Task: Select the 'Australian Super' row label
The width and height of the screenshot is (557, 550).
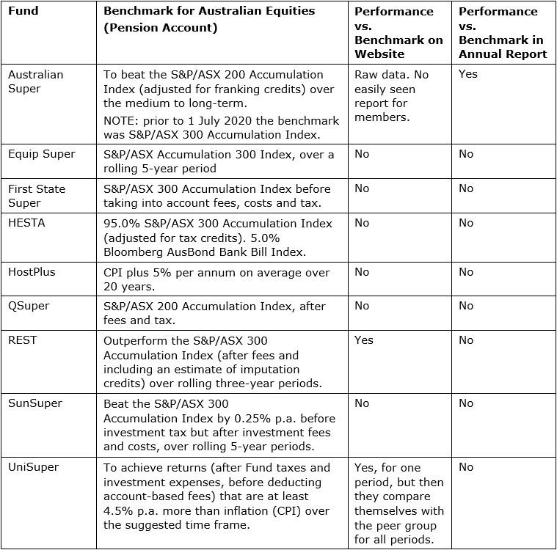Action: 36,81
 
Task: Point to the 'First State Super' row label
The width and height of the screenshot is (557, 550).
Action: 37,196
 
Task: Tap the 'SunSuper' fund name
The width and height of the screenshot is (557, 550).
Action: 35,403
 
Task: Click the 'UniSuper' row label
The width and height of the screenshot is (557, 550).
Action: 33,466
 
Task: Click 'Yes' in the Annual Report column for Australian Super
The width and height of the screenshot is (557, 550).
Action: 467,74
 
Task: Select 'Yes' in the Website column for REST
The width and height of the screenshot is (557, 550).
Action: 364,340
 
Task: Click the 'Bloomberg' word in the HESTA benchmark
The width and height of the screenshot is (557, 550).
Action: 133,251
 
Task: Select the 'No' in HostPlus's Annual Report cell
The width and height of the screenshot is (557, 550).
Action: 466,272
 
